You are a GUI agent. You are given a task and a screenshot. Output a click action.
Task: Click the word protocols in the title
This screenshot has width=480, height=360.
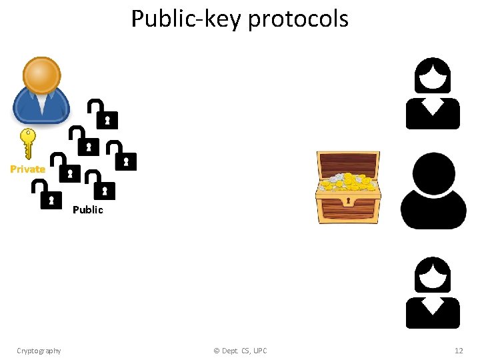[x=298, y=19]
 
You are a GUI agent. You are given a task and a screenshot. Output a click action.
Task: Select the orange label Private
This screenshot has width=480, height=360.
[x=28, y=169]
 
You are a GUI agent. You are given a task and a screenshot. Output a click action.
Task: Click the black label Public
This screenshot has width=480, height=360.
[x=88, y=210]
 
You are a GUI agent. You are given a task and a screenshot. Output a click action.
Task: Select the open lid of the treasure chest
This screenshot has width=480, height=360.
[x=348, y=163]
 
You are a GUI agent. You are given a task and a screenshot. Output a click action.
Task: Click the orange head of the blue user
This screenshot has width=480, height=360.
[x=41, y=75]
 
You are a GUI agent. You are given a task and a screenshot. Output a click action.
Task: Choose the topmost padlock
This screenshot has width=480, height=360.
[x=104, y=115]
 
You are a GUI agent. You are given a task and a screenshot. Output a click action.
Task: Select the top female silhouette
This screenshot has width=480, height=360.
[x=433, y=93]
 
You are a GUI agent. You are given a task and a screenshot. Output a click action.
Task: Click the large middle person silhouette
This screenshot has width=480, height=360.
[x=433, y=191]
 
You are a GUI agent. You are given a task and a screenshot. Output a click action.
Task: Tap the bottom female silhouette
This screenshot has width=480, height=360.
[x=433, y=293]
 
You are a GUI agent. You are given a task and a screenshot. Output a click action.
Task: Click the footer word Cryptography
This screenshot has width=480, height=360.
[x=39, y=351]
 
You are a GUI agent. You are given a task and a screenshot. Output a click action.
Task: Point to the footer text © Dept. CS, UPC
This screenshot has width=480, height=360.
[x=240, y=351]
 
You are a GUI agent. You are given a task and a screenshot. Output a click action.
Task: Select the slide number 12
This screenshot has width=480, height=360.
[x=458, y=351]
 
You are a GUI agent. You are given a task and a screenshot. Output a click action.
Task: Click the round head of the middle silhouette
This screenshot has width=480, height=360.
[x=433, y=173]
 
